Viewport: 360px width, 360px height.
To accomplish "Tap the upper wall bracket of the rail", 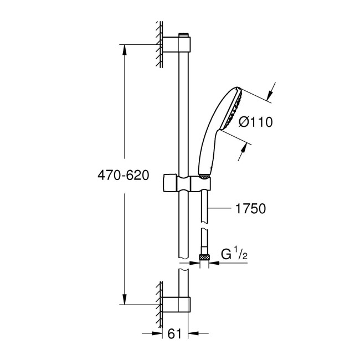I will pyautogui.click(x=177, y=44).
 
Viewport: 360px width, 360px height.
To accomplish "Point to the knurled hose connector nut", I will pyautogui.click(x=203, y=258).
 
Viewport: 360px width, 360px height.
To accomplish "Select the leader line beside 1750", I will pyautogui.click(x=222, y=209).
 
